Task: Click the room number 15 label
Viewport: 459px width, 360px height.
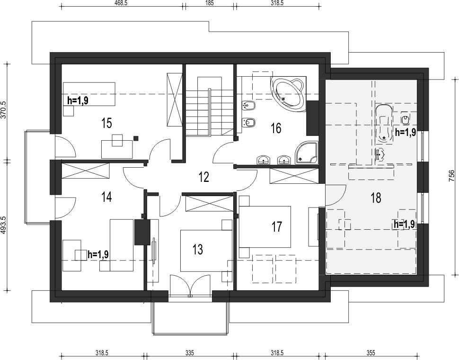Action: [x=107, y=123]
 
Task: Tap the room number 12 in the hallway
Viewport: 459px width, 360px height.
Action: [x=204, y=177]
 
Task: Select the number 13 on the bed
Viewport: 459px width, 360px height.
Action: [x=198, y=249]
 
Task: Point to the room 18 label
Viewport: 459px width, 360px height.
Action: [x=376, y=198]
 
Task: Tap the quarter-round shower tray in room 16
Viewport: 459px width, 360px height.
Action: [x=306, y=153]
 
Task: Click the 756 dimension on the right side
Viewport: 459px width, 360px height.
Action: [x=452, y=176]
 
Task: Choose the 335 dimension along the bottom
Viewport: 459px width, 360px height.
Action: [x=190, y=353]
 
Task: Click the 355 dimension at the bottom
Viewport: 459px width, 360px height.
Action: [x=371, y=353]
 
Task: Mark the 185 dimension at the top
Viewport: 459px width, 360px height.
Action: [x=210, y=3]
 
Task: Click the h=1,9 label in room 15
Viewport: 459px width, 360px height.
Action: [x=78, y=100]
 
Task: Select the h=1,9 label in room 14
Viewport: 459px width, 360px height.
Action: [x=98, y=254]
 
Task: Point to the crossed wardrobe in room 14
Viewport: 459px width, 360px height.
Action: [x=85, y=171]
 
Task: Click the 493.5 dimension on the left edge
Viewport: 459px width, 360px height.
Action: [x=4, y=225]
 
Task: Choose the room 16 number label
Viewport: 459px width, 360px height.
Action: [x=276, y=128]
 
